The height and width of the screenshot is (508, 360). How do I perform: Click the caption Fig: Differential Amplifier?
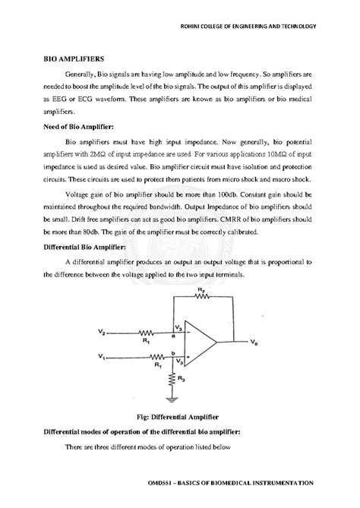point(179,417)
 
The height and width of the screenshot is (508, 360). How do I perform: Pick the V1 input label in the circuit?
point(103,355)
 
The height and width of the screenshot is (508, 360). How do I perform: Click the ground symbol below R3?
point(173,397)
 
